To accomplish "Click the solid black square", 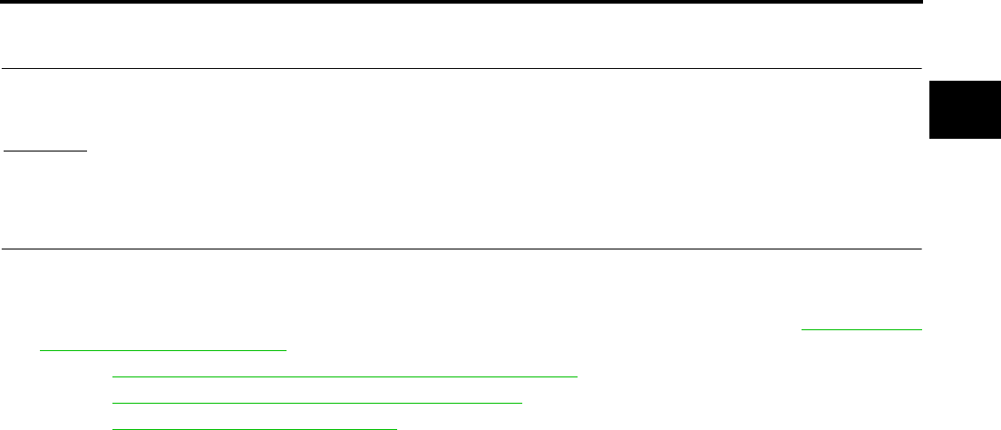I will click(965, 110).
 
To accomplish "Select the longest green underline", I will click(344, 374).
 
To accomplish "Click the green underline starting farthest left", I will click(163, 348).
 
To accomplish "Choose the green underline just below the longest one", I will click(316, 400).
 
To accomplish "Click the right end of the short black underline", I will click(87, 152).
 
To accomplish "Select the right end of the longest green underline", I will click(578, 374).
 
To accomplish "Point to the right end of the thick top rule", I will click(921, 3).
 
